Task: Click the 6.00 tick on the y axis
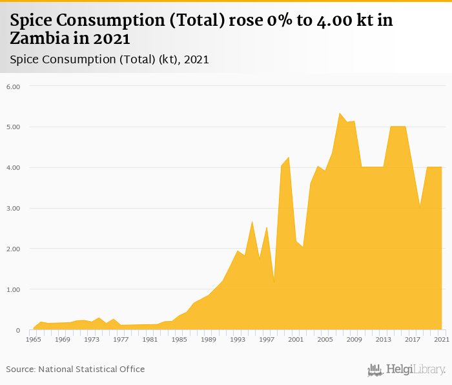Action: pyautogui.click(x=14, y=87)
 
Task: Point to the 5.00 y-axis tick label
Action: pyautogui.click(x=14, y=127)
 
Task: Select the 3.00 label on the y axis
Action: pyautogui.click(x=14, y=209)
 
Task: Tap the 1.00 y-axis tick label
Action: pyautogui.click(x=14, y=290)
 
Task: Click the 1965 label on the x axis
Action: pyautogui.click(x=34, y=339)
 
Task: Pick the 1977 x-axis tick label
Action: pyautogui.click(x=121, y=339)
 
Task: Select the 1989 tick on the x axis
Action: pyautogui.click(x=208, y=339)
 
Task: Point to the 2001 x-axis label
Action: pyautogui.click(x=296, y=339)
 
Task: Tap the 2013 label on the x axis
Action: pyautogui.click(x=383, y=339)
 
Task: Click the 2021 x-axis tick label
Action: pyautogui.click(x=442, y=339)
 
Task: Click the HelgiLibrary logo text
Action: pyautogui.click(x=415, y=369)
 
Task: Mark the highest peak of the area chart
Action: pyautogui.click(x=340, y=113)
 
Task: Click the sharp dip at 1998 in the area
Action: pyautogui.click(x=274, y=283)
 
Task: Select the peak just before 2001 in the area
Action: pyautogui.click(x=289, y=157)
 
